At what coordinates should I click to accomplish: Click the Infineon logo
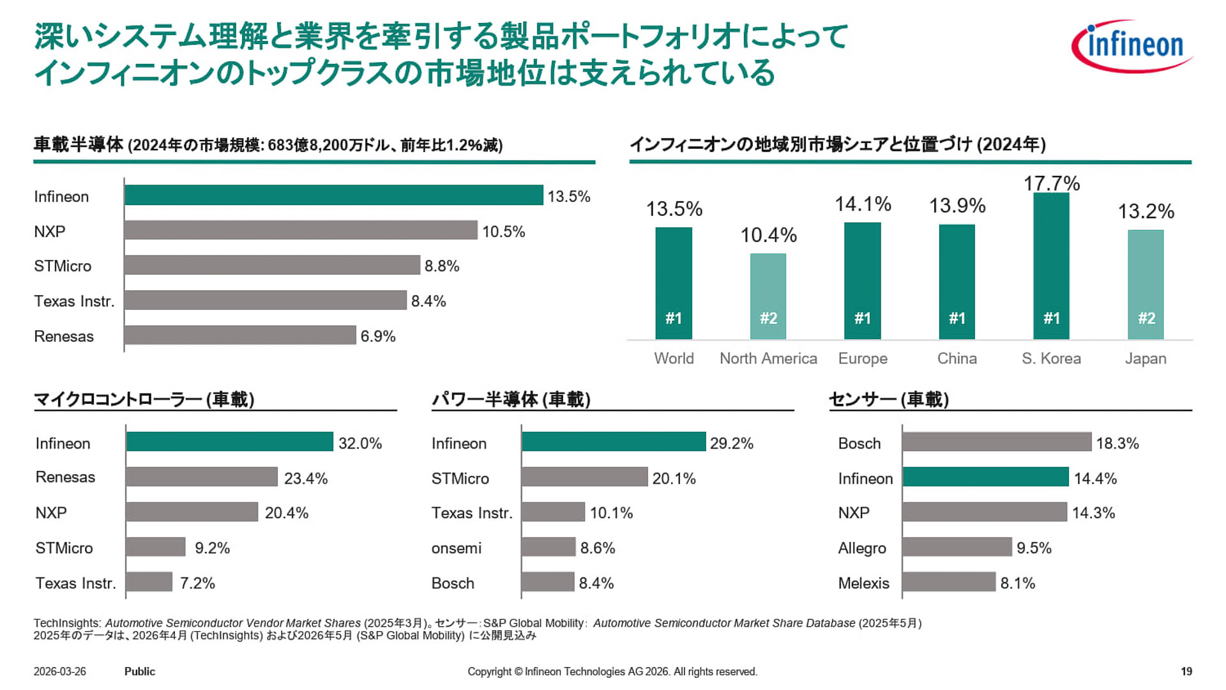1132,46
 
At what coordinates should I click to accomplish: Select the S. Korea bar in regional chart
1051,265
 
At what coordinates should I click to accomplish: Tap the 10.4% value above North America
768,235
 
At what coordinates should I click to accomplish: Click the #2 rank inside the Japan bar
1146,318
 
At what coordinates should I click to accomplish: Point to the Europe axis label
863,358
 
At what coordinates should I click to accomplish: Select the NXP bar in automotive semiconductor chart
301,230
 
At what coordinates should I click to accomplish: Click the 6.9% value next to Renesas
378,336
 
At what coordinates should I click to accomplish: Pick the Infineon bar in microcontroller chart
229,441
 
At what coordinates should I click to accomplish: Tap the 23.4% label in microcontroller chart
305,479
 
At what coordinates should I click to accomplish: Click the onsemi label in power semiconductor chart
456,548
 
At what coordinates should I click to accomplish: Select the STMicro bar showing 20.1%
584,477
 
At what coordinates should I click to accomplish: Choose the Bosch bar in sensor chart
996,441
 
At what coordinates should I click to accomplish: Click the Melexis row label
863,583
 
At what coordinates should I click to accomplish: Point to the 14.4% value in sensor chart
1095,479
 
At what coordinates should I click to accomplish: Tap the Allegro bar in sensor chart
957,547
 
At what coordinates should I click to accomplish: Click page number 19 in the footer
1186,671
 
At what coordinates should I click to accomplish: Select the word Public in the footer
139,671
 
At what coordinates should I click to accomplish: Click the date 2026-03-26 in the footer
59,671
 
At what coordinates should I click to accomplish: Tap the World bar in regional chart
674,283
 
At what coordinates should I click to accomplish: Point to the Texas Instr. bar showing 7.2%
149,582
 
